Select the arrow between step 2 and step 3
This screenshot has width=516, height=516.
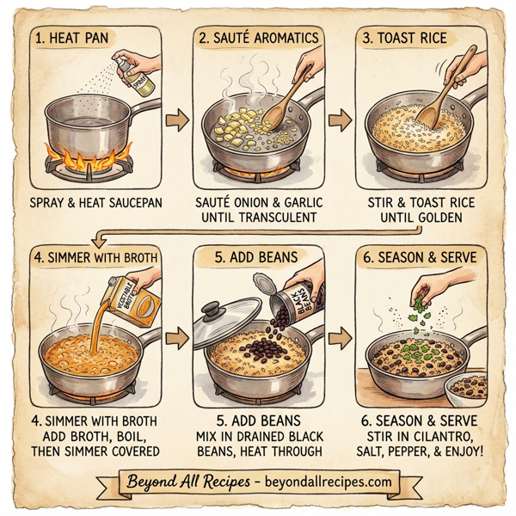click(341, 118)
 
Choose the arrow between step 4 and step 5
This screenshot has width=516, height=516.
click(175, 337)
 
